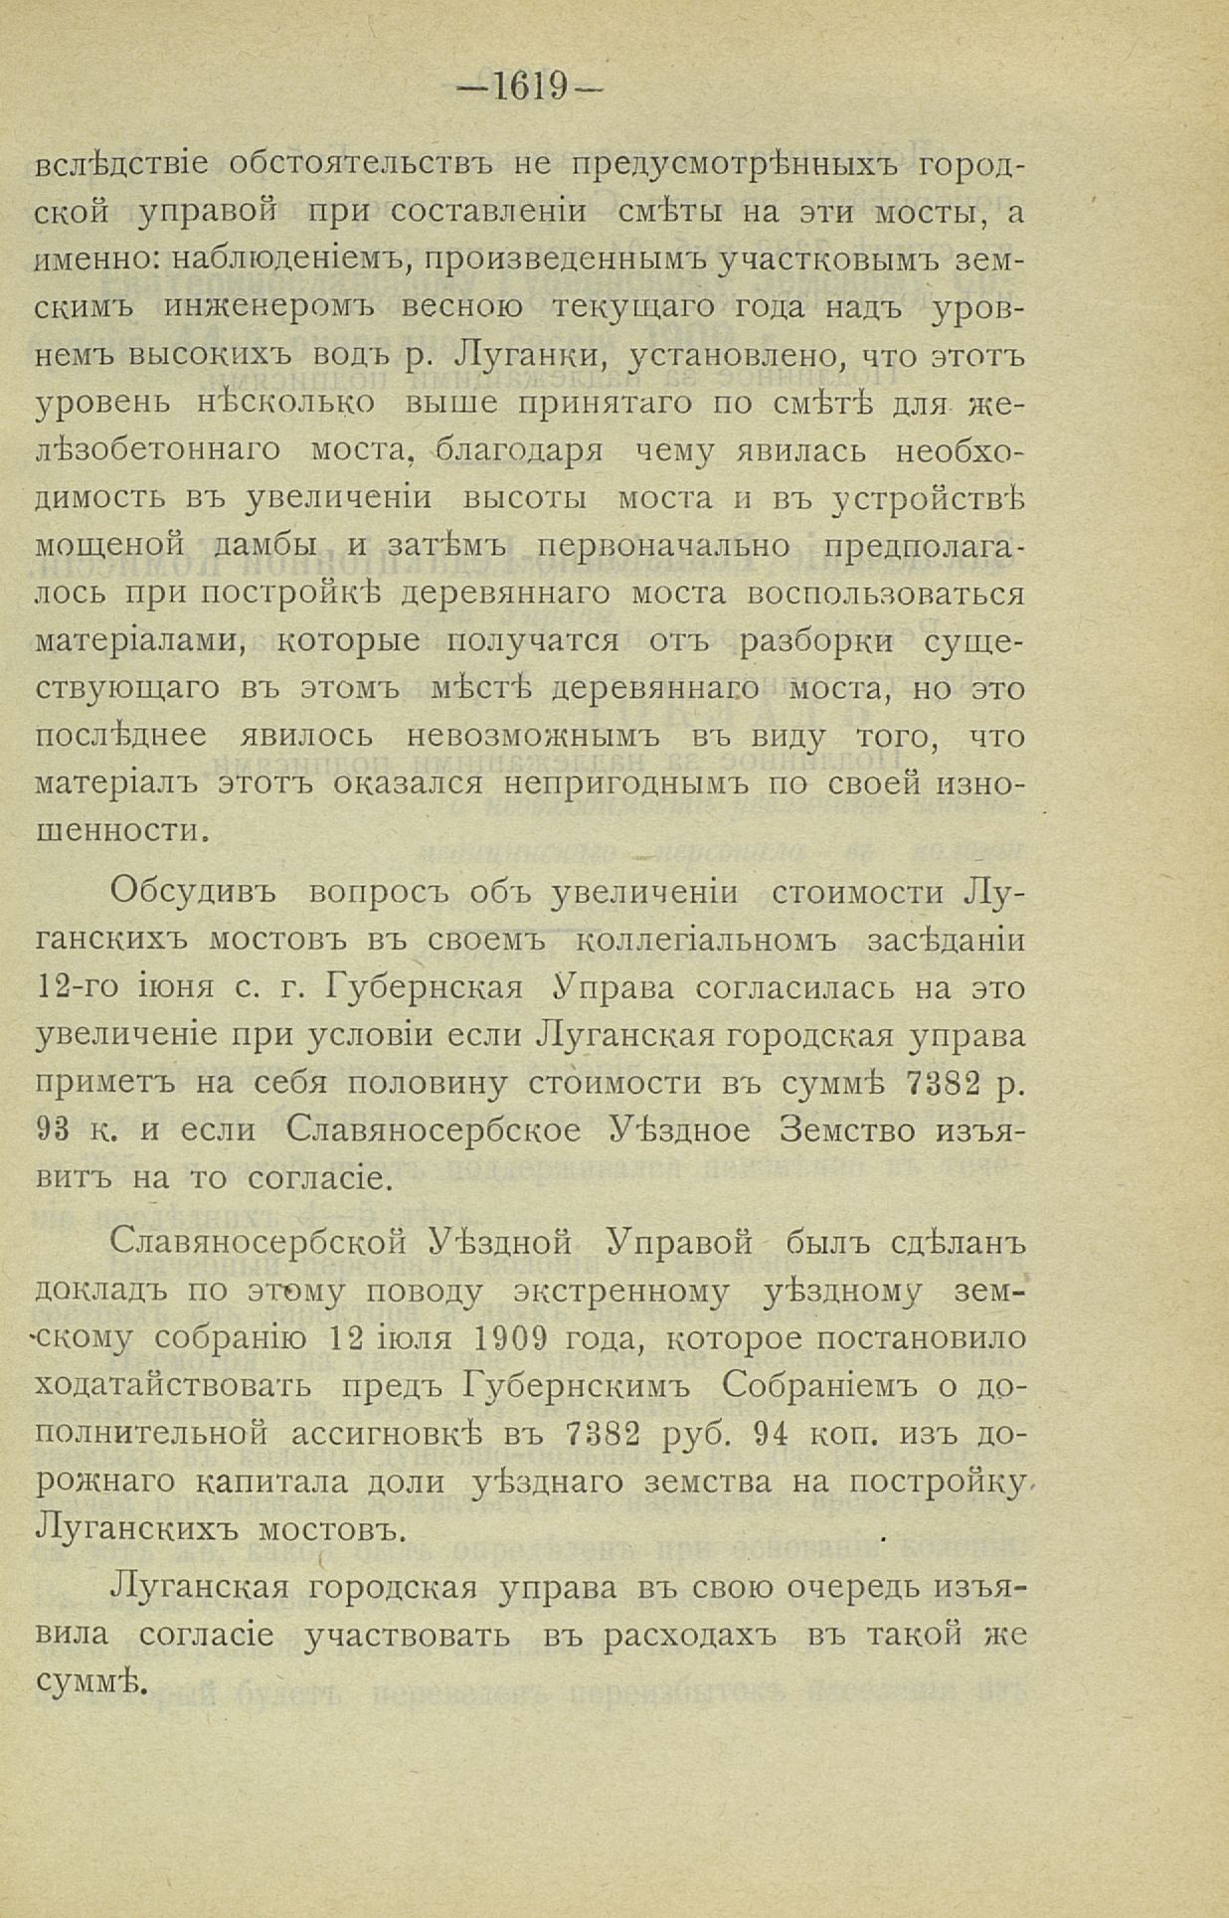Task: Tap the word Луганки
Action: click(x=524, y=356)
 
